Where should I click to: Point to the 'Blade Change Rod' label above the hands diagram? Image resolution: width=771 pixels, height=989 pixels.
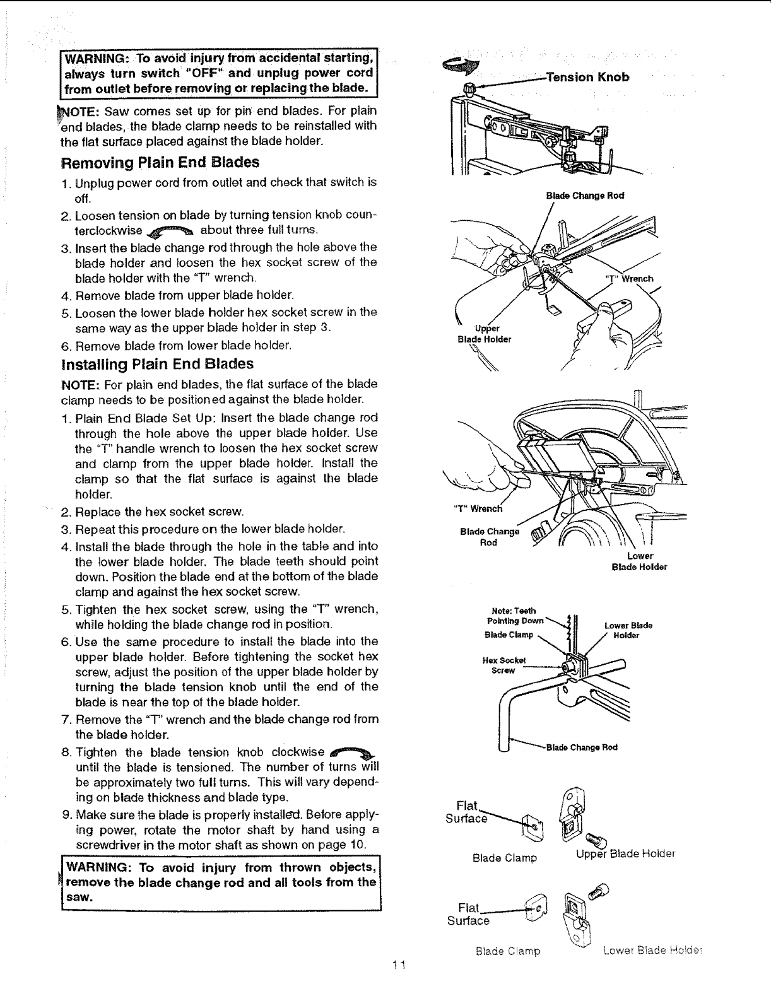584,195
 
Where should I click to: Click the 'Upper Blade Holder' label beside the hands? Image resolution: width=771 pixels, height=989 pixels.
484,334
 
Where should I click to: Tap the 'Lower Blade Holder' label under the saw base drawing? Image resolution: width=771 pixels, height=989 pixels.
639,561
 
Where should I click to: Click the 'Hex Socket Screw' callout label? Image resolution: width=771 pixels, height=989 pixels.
500,665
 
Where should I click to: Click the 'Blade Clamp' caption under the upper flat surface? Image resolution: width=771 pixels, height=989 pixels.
505,858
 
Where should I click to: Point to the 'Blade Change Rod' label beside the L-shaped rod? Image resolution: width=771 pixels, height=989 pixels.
581,747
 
